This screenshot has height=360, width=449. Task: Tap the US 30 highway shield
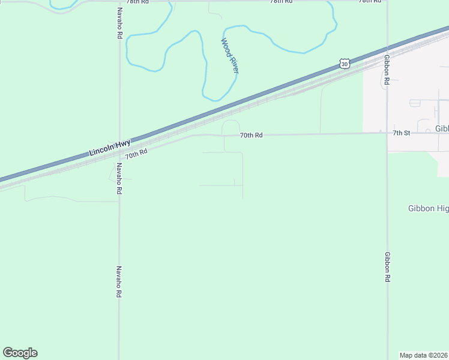point(343,63)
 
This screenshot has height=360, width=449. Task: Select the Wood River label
point(229,56)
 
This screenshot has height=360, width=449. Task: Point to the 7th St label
point(401,133)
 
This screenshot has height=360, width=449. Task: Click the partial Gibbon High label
point(428,208)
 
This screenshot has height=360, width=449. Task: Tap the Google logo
point(20,353)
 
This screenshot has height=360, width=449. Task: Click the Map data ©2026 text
point(424,355)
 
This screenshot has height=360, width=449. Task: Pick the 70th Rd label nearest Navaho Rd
point(136,154)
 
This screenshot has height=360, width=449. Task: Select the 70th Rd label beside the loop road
point(252,136)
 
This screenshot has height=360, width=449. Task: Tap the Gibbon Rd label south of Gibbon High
point(387,268)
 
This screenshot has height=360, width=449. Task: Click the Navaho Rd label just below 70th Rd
point(119,178)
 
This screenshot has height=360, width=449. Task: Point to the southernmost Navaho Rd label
point(119,283)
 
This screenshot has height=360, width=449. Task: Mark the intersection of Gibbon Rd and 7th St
point(387,133)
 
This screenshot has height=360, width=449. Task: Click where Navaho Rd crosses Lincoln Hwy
point(119,143)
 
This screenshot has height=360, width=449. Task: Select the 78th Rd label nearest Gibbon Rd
point(370,2)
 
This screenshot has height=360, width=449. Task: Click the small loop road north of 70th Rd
point(231,127)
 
